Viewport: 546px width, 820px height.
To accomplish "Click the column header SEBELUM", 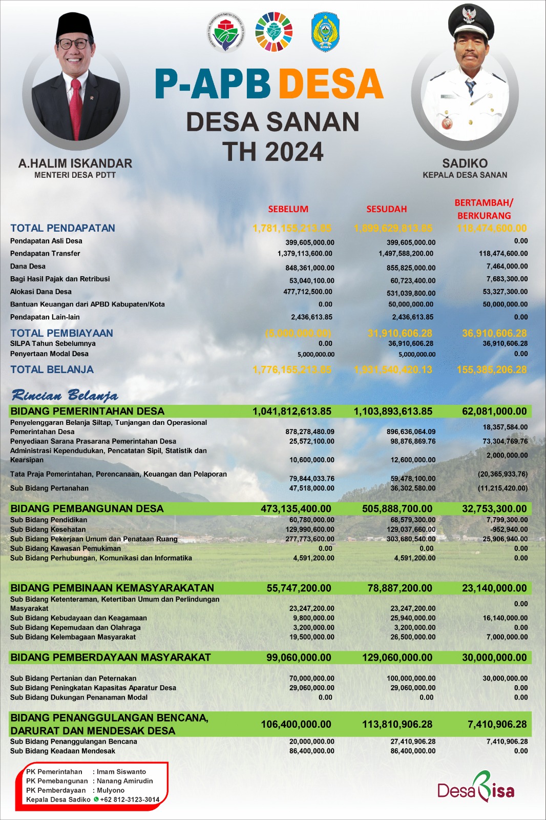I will click(288, 209).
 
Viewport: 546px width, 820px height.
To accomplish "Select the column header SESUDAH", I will click(386, 209).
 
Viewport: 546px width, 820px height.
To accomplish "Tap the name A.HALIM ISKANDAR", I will click(75, 163).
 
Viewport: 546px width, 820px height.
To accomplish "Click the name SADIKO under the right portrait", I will click(465, 163).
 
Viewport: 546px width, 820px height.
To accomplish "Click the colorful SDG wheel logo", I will click(274, 32).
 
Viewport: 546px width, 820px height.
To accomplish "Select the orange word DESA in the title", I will click(331, 84).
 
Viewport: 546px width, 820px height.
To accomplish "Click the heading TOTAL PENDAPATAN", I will click(62, 228).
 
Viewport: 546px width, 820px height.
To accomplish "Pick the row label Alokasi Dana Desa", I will click(41, 292).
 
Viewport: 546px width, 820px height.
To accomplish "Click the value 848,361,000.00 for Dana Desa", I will click(309, 268).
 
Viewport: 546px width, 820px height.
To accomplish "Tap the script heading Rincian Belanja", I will click(65, 395).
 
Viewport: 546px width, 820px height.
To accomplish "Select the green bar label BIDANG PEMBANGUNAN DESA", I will click(87, 508).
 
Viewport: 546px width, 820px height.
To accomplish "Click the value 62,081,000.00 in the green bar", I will click(494, 411).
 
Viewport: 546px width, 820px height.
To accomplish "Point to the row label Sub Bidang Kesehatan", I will click(48, 529).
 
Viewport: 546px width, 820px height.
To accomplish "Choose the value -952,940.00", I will click(509, 529).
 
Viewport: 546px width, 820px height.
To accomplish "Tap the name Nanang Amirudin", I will click(124, 781).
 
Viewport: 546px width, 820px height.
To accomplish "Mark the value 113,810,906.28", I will click(393, 724).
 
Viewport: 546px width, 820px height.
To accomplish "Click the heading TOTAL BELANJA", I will click(52, 370).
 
